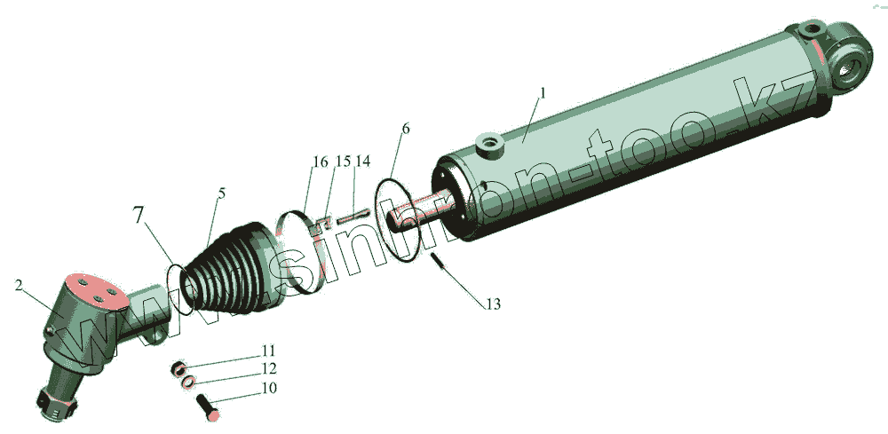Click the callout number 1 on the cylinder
coord(542,93)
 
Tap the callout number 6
coord(405,129)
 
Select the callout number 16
coord(320,162)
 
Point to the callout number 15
coord(343,162)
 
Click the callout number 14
coord(362,162)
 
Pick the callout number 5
coord(221,193)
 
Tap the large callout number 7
coord(139,215)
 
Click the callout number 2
coord(20,286)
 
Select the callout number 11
coord(268,351)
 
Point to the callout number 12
coord(269,369)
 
